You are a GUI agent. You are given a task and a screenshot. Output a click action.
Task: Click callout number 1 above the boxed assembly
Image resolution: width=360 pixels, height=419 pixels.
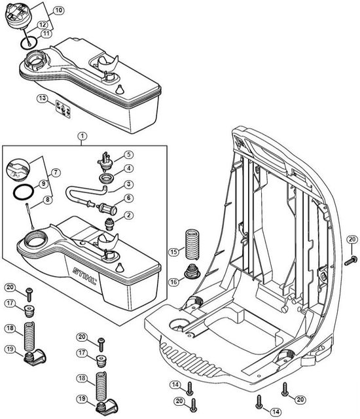(82, 136)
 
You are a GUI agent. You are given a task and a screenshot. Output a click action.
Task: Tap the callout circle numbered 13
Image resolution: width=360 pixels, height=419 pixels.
(43, 98)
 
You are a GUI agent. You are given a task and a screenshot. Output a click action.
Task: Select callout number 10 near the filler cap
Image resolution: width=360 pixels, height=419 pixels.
(58, 10)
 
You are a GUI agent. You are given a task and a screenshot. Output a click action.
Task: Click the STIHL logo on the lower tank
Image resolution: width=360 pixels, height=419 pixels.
(84, 276)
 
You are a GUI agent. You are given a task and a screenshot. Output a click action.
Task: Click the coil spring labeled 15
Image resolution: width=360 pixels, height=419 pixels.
(193, 244)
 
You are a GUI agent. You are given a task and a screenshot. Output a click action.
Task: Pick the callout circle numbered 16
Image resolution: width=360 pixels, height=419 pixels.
(174, 282)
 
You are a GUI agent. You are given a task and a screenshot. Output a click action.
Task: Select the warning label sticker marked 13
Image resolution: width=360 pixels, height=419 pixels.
(63, 109)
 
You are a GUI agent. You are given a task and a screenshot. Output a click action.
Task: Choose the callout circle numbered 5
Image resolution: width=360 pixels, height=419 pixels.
(129, 155)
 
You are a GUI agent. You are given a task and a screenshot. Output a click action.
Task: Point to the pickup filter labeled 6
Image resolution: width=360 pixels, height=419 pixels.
(107, 208)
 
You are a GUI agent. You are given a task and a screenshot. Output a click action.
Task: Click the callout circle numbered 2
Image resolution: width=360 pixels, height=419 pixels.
(129, 215)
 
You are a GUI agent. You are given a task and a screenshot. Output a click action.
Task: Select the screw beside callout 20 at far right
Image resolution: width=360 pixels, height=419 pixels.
(351, 261)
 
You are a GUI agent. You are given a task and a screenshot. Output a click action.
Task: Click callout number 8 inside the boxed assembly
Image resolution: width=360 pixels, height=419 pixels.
(48, 200)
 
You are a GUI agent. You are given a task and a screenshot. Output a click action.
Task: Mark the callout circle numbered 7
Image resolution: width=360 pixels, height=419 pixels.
(56, 172)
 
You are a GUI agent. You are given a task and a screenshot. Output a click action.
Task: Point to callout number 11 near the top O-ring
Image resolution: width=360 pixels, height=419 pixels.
(46, 33)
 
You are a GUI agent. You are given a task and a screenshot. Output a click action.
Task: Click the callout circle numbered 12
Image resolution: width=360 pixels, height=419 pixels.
(43, 25)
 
